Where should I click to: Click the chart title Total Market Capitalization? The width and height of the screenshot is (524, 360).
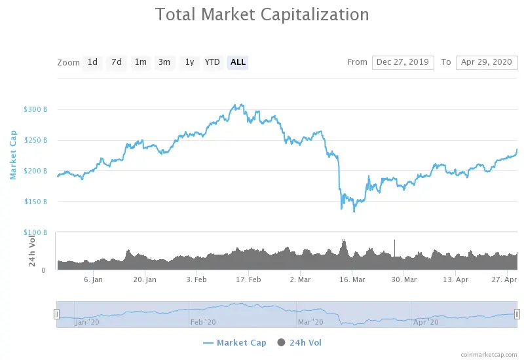262,14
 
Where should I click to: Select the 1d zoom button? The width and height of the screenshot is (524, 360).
92,62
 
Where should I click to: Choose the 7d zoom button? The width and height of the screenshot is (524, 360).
117,62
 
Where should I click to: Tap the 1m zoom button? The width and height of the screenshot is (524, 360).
141,62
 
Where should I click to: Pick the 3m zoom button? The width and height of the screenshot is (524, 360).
164,62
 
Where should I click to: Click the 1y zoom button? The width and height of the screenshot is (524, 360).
189,62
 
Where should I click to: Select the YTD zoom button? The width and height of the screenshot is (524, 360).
212,62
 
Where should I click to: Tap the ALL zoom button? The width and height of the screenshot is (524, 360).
238,62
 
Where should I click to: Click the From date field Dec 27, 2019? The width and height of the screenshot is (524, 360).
403,62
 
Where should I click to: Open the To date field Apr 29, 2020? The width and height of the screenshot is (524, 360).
487,62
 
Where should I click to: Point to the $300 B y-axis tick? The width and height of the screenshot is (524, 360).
35,109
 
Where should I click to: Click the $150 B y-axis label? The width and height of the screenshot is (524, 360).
35,202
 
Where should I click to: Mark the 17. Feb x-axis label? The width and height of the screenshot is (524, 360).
248,279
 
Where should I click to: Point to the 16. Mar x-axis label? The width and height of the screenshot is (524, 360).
352,279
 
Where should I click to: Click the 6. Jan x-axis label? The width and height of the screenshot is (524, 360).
93,279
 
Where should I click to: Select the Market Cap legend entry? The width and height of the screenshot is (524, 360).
234,342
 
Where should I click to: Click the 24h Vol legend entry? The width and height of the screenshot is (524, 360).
299,342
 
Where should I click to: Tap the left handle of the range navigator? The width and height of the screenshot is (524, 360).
57,314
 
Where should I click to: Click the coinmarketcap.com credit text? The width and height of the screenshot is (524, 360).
489,355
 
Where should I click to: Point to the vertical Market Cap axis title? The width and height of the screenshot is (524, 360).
13,155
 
